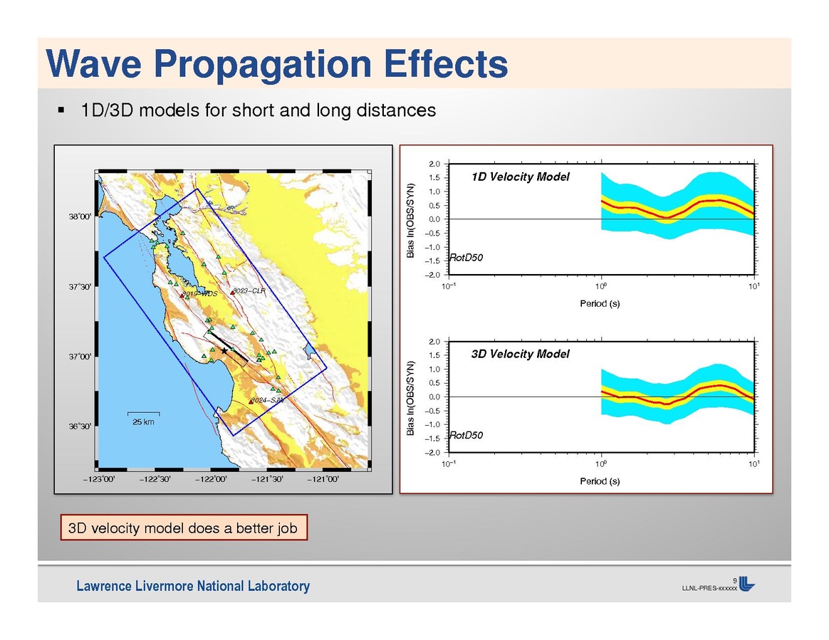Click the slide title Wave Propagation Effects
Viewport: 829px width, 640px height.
(278, 64)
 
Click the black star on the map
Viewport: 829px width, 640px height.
(225, 351)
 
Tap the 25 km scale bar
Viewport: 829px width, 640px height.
(143, 414)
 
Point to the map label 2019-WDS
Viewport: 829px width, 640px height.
(199, 294)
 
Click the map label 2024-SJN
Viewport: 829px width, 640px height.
(268, 401)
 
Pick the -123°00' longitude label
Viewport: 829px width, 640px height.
(99, 479)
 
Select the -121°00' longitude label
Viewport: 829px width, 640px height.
(323, 479)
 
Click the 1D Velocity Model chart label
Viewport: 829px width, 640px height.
(521, 177)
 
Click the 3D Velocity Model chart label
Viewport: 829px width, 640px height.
(521, 354)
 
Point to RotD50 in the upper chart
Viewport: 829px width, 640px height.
(466, 258)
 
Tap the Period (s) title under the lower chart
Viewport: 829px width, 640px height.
(599, 481)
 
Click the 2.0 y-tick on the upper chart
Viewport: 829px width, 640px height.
(434, 164)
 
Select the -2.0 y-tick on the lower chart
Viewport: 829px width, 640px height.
(432, 452)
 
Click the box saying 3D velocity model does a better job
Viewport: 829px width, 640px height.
(183, 528)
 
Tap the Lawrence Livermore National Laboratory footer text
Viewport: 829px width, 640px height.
(194, 587)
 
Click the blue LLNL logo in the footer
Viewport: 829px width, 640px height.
(746, 583)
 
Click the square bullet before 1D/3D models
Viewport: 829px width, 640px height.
(61, 111)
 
